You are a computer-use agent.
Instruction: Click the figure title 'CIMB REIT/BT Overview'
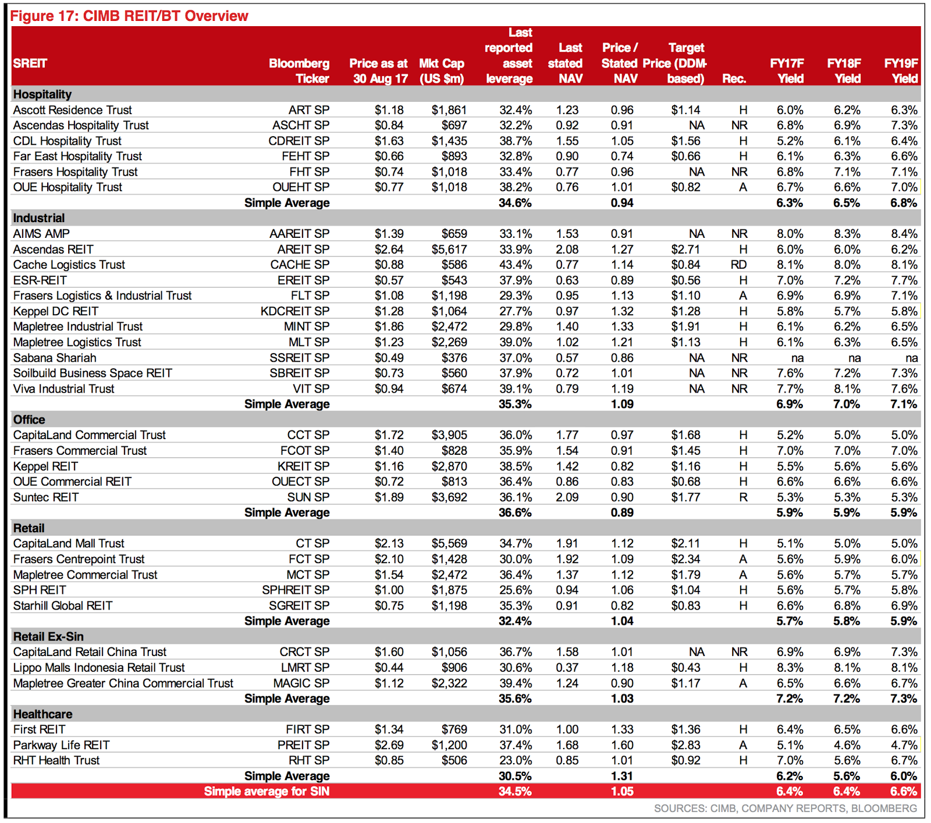tap(166, 16)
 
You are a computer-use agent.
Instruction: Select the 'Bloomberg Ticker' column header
tap(299, 71)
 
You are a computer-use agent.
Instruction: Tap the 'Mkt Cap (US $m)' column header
tap(442, 71)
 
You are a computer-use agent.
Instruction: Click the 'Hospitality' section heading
tap(42, 94)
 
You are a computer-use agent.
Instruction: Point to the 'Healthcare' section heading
tap(42, 714)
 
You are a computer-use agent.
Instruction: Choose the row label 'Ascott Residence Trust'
tap(73, 110)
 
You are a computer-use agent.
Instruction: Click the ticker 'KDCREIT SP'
tap(295, 311)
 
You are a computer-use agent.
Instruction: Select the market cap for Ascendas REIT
tap(449, 250)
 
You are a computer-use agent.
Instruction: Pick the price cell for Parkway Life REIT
tap(389, 745)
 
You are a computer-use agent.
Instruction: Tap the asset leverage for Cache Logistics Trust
tap(516, 265)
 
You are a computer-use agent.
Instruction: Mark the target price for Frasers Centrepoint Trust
tap(685, 559)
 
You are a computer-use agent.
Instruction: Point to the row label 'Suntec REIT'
tap(46, 497)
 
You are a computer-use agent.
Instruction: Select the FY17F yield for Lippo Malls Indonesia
tap(790, 668)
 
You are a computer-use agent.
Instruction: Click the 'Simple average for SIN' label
tap(266, 792)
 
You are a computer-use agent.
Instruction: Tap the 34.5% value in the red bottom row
tap(515, 792)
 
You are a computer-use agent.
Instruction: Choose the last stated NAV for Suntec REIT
tap(567, 497)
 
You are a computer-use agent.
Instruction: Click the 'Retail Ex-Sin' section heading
tap(48, 636)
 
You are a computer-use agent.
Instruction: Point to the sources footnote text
tap(786, 808)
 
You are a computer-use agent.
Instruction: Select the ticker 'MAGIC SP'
tap(301, 683)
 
